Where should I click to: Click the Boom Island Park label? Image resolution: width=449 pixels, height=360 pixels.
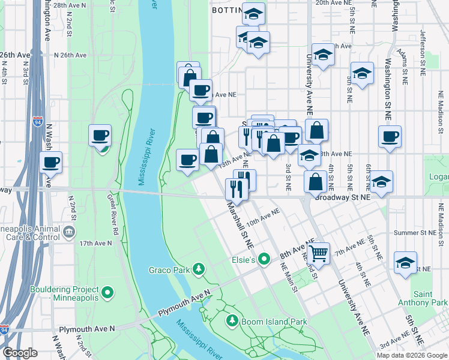pos(274,322)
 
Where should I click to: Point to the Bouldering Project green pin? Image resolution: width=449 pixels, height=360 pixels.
pos(107,292)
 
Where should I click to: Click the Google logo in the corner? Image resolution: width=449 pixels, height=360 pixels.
pos(20,353)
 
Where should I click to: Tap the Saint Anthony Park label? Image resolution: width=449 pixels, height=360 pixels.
pos(431,299)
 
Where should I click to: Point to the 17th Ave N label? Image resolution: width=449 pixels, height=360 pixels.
pos(95,243)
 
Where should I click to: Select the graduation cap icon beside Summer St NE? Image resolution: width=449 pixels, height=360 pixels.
pos(406,263)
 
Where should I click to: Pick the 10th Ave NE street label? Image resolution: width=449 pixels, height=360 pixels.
pos(263,217)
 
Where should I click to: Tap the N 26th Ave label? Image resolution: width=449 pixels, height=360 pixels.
pos(70,55)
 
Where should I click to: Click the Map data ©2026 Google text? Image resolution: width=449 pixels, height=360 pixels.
pos(411,355)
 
